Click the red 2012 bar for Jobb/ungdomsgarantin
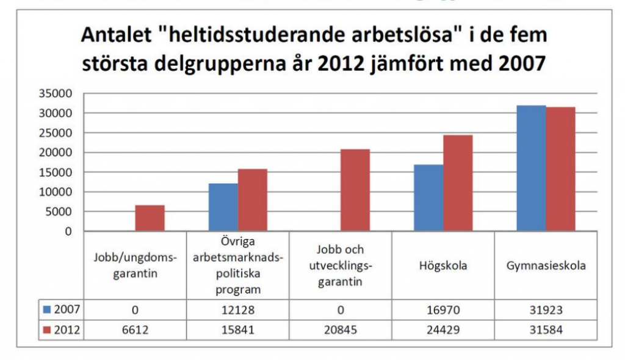150,218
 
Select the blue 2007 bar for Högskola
428,198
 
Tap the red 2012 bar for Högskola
457,183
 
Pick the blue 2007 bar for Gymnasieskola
531,168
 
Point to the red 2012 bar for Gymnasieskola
560,169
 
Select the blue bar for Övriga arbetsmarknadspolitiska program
223,207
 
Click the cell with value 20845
341,330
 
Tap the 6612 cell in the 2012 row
135,330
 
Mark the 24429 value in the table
443,330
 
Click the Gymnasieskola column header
546,266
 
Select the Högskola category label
443,266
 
